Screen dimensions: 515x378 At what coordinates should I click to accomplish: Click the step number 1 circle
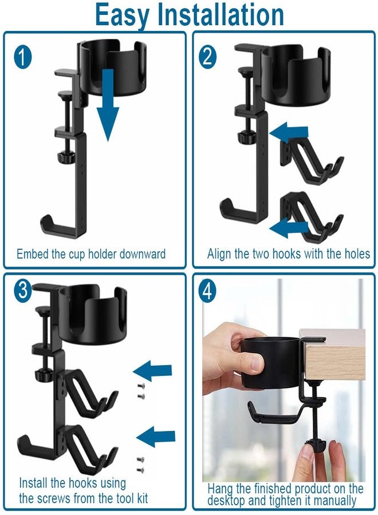point(23,58)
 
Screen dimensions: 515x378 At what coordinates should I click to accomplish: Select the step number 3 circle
point(23,291)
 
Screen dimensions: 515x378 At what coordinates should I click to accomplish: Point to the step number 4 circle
point(208,291)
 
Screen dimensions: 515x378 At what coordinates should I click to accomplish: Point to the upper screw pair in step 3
point(141,391)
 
